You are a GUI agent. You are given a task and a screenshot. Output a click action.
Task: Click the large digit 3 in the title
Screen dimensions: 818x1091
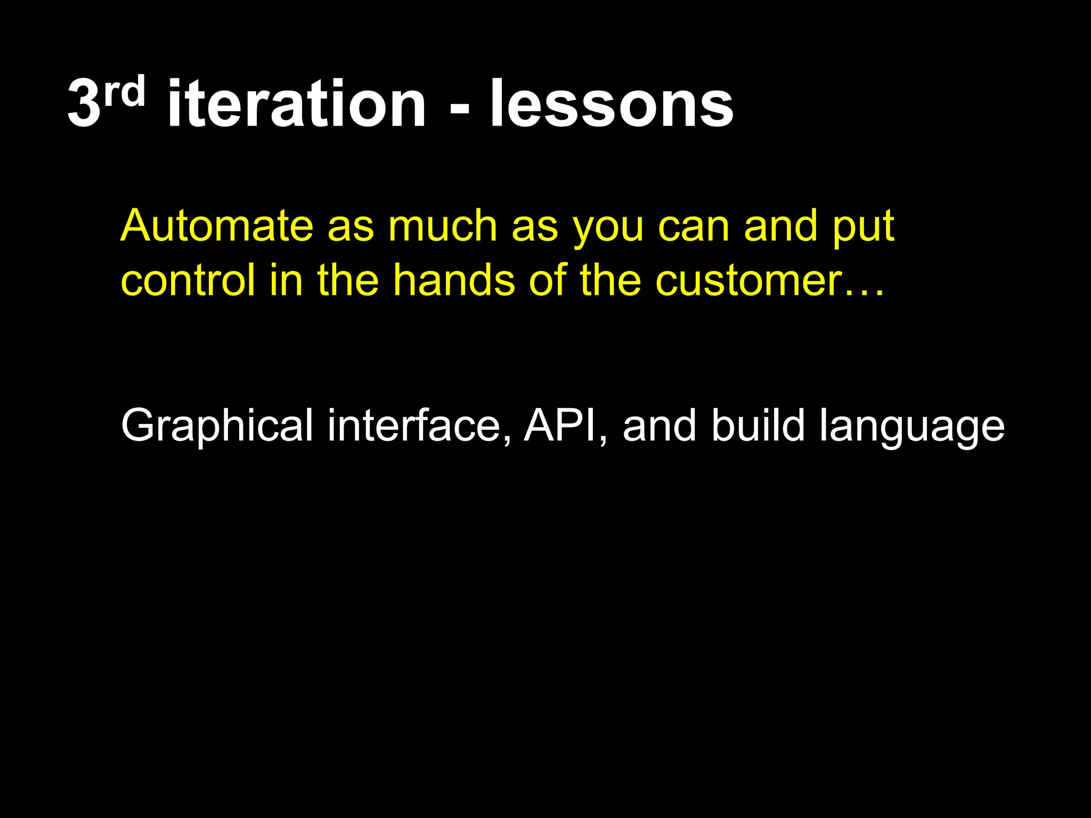(84, 104)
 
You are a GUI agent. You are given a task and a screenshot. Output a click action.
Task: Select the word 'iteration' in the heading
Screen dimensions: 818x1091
(296, 104)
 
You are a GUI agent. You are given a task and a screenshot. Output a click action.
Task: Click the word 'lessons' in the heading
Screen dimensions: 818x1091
(612, 104)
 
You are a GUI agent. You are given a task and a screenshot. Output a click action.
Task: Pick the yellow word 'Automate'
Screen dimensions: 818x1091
(217, 226)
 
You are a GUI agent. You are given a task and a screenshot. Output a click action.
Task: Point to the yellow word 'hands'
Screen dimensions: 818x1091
(454, 280)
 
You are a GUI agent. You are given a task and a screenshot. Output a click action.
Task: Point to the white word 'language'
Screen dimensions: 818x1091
(911, 429)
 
